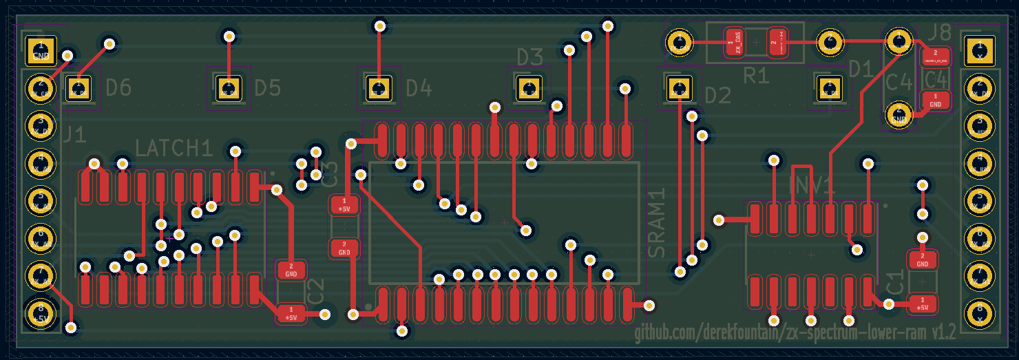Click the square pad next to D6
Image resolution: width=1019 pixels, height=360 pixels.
[78, 88]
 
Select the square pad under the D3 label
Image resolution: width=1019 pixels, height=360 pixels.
[529, 87]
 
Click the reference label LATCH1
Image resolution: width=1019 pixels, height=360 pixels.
[174, 148]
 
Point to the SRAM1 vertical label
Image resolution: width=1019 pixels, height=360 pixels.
[658, 223]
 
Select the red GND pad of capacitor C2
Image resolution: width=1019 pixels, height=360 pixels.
[291, 269]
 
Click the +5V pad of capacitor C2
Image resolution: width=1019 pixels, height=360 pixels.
[291, 314]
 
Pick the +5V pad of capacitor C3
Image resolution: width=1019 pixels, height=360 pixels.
[344, 204]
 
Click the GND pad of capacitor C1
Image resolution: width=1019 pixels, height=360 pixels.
[923, 260]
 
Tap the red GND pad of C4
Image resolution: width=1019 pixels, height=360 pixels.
[935, 100]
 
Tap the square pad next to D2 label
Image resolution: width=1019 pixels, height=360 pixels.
[680, 87]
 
